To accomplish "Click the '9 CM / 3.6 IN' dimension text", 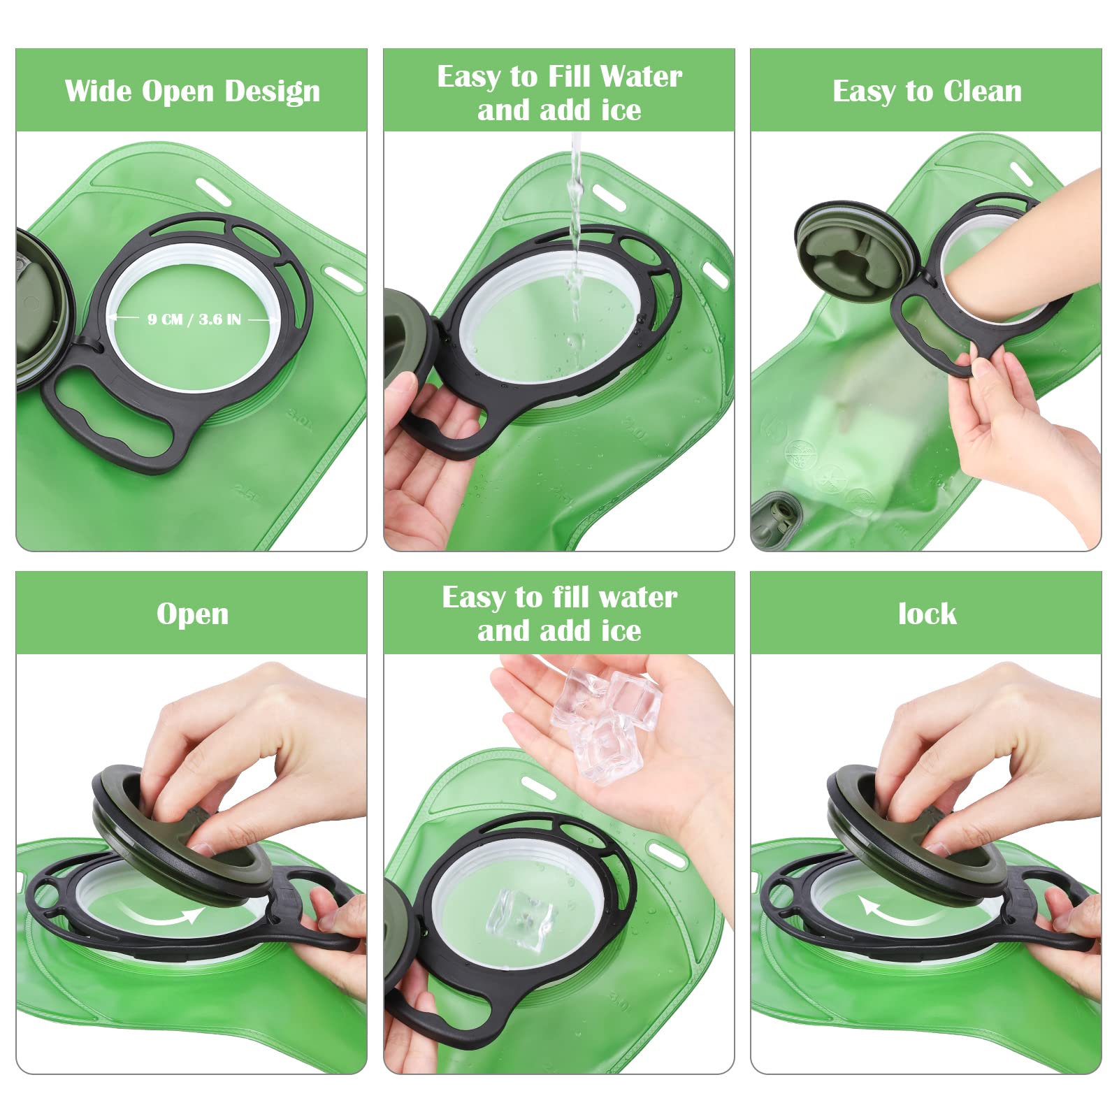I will (x=194, y=319).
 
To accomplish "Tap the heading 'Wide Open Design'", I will (x=192, y=91).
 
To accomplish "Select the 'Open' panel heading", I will (x=192, y=614).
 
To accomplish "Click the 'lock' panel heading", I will (x=927, y=614).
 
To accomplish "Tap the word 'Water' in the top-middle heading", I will (x=641, y=76).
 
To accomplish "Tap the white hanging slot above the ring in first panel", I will (x=213, y=191).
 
